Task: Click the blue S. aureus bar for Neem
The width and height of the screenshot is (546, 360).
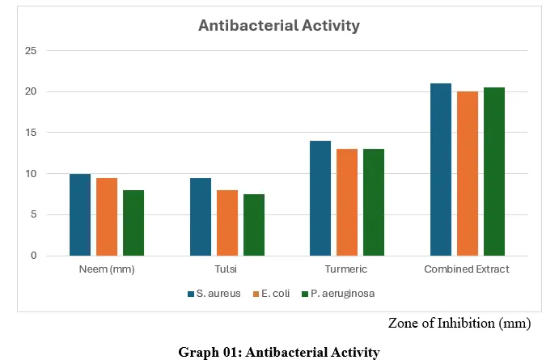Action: point(80,215)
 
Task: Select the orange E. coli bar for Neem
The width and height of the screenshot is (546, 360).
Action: point(107,217)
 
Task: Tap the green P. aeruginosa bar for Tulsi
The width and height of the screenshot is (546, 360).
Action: point(254,225)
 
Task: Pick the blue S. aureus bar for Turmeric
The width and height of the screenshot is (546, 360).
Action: point(320,198)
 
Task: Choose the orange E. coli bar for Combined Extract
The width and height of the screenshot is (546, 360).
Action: point(468,174)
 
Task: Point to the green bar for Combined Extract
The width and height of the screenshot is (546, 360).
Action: point(494,172)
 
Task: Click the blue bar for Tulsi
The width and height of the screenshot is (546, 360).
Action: point(201,217)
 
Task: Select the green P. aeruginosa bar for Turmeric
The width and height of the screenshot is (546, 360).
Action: point(374,202)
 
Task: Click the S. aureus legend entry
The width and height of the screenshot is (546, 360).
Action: point(214,294)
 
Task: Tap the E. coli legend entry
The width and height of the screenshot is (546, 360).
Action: point(271,294)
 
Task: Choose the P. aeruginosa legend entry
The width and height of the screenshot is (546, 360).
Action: point(338,294)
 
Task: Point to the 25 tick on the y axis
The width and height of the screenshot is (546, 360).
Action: point(31,51)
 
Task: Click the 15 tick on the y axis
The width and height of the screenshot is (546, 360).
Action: point(31,133)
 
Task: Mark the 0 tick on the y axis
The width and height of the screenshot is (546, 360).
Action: point(33,256)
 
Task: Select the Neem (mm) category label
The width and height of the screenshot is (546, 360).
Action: point(107,269)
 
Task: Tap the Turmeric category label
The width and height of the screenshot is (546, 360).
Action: point(346,269)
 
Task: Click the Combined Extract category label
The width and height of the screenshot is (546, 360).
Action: point(467,269)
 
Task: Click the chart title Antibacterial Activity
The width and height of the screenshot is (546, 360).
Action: point(279,25)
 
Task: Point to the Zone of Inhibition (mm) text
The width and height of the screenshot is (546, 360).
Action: point(459,323)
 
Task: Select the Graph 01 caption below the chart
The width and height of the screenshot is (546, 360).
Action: point(279,353)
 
